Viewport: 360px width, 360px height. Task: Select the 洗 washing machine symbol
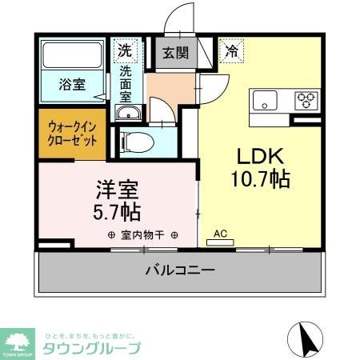click(124, 50)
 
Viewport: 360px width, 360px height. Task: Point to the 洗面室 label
click(126, 83)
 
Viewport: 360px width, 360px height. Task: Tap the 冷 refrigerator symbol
click(231, 50)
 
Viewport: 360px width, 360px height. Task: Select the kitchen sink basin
click(265, 101)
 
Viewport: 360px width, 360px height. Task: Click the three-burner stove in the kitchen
click(306, 101)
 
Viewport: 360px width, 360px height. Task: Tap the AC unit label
click(221, 234)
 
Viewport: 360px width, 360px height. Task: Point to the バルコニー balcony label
click(180, 270)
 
